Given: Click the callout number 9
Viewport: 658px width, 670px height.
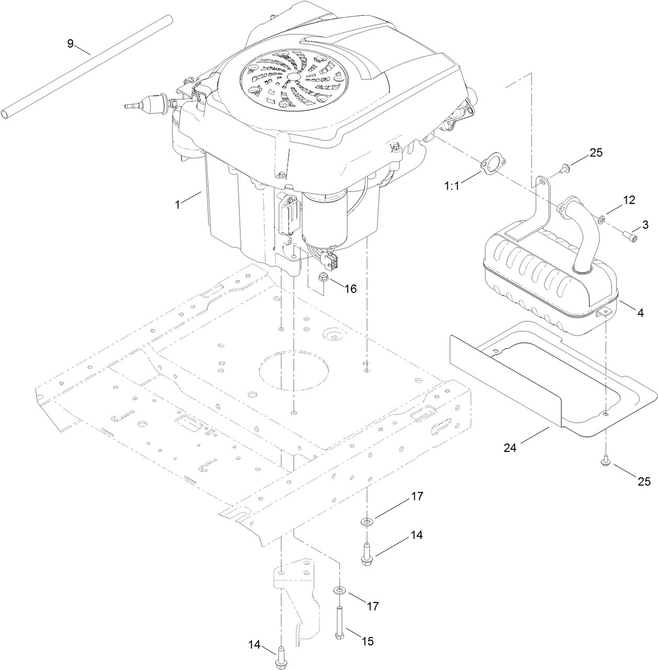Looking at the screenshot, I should coord(71,43).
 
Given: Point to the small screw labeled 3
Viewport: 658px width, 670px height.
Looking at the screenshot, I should coord(631,238).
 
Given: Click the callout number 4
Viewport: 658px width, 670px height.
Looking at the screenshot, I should coord(640,313).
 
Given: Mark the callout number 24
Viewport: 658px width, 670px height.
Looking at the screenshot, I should coord(512,447).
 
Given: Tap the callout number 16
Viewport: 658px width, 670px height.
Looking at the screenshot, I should coord(350,288).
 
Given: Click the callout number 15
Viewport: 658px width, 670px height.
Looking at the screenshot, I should coord(368,641).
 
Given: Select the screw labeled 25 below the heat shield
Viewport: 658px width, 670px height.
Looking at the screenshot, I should coord(605,462).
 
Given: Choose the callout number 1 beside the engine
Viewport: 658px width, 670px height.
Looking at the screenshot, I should coord(178,205).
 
